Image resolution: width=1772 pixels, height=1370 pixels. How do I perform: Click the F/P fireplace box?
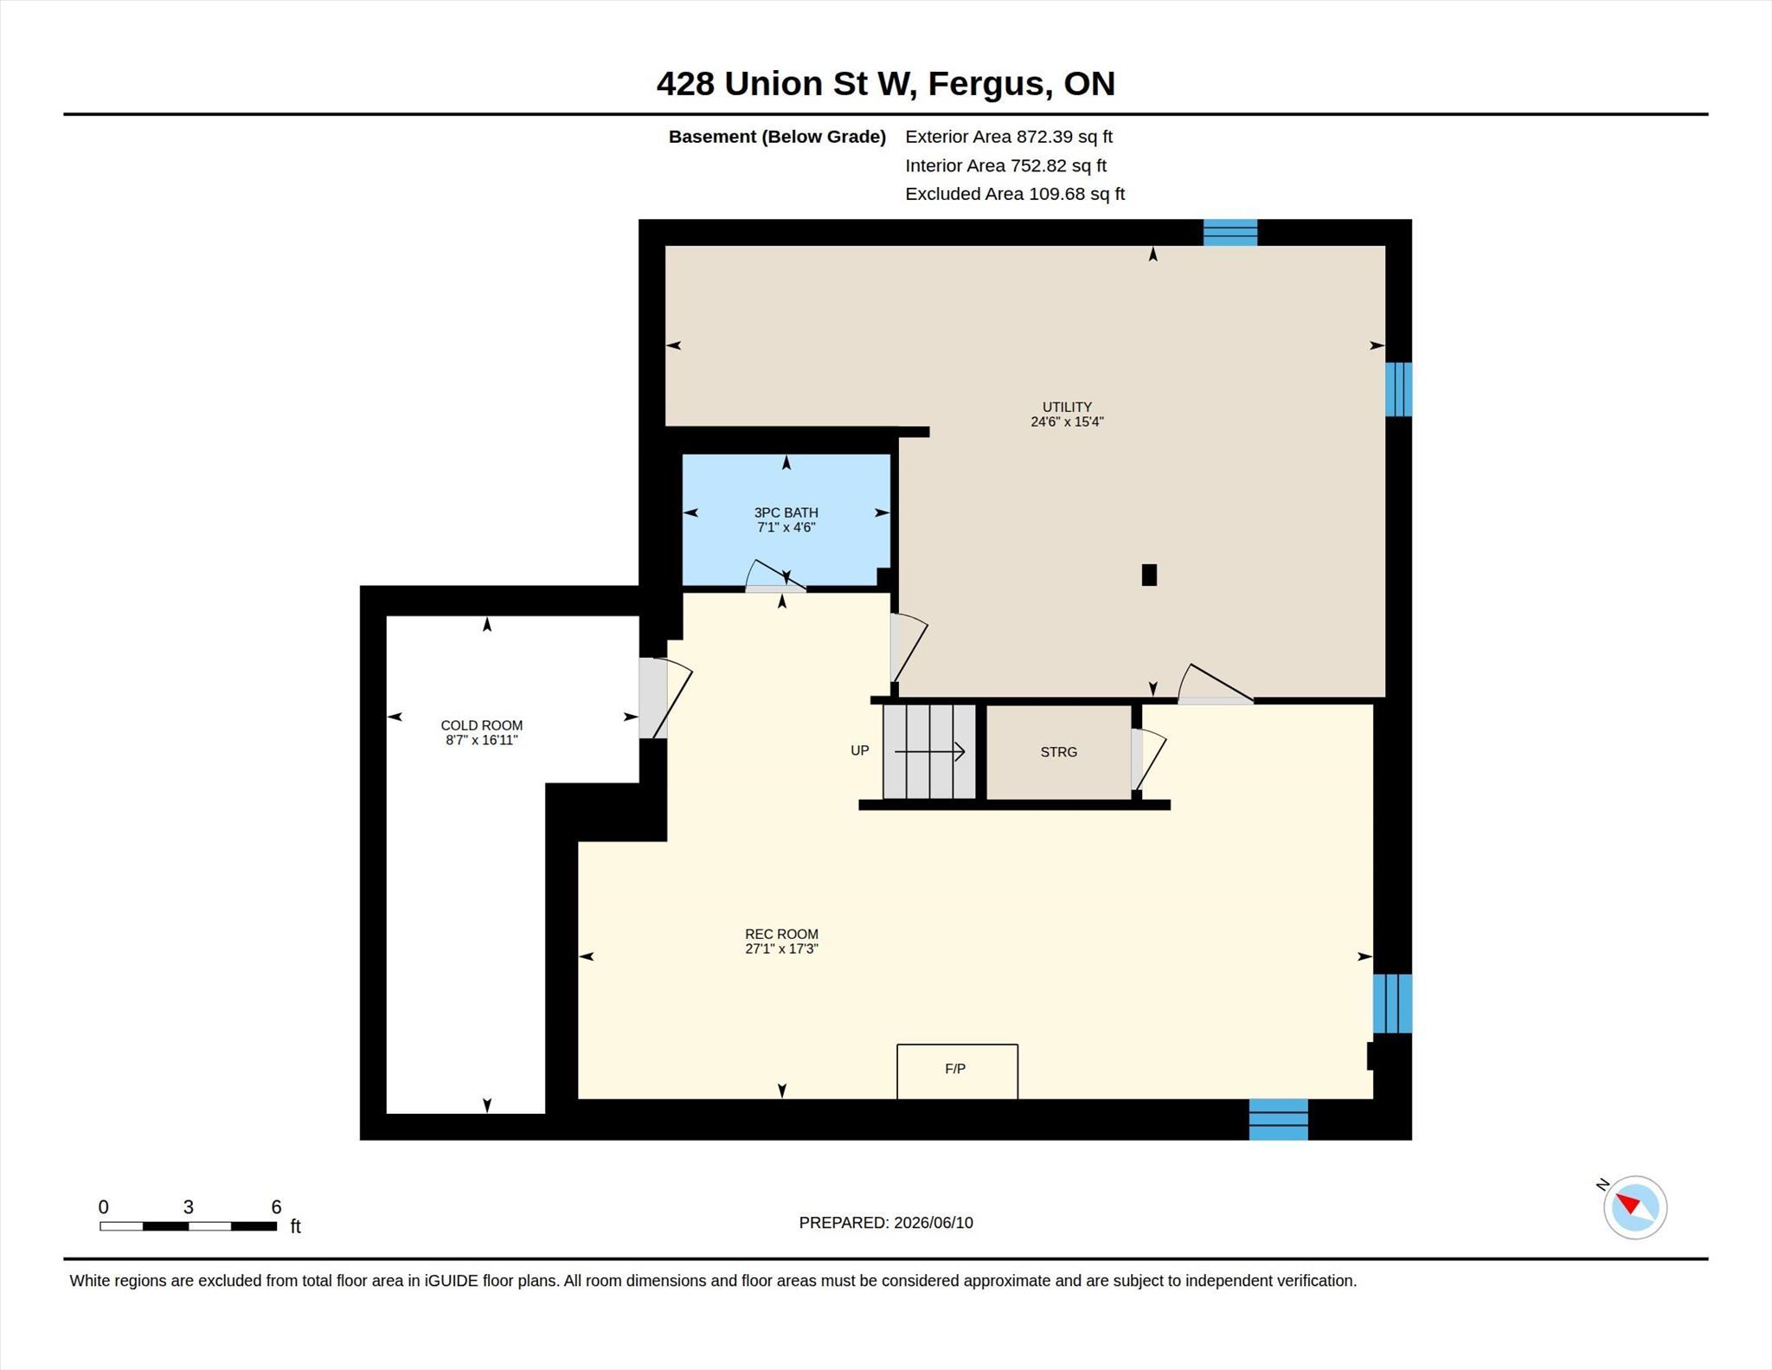pos(957,1071)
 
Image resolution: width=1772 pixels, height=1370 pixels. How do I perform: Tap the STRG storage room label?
pos(1058,752)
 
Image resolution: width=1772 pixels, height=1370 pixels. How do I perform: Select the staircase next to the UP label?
pos(929,751)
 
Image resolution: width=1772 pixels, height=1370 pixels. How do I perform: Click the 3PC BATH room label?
pos(786,512)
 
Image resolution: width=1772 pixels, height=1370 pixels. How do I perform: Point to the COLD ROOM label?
pos(481,725)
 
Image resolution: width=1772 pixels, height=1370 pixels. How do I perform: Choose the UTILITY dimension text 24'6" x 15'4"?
pos(1067,422)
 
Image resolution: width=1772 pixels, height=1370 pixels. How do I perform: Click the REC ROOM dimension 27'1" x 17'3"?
pos(781,949)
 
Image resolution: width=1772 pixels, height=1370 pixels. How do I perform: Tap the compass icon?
pos(1634,1207)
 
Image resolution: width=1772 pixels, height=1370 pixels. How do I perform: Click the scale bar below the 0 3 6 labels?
pos(188,1225)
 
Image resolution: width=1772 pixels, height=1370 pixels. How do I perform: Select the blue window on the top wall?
pos(1230,233)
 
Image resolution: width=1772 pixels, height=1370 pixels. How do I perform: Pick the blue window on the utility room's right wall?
pos(1398,389)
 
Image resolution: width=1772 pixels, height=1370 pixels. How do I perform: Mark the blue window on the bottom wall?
pos(1278,1119)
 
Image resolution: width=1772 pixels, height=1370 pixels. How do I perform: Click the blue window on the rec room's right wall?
pos(1392,1003)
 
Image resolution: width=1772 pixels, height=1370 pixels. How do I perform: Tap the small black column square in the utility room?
pos(1149,575)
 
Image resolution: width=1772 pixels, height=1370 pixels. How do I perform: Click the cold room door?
pos(664,698)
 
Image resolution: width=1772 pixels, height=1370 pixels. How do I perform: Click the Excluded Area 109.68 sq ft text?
pos(1015,194)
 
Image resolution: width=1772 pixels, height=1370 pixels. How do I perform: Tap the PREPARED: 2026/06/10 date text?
pos(886,1223)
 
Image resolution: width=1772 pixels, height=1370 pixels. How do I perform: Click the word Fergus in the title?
pos(990,84)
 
